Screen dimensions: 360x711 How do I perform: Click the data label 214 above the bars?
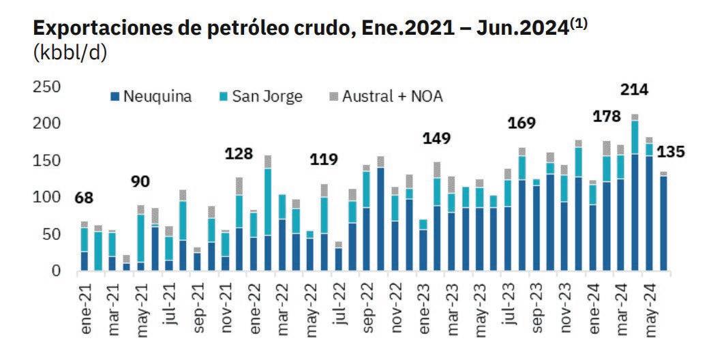click(634, 89)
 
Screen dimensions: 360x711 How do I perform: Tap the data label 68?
click(84, 198)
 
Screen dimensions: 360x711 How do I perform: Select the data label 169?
click(522, 123)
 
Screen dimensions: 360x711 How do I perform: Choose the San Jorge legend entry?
click(259, 96)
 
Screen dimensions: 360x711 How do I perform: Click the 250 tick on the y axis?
click(47, 86)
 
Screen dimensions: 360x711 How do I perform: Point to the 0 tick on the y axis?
click(57, 271)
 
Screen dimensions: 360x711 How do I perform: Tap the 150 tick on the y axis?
click(47, 160)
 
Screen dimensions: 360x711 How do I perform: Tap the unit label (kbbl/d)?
click(70, 54)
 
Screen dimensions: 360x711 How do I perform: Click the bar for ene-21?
click(85, 247)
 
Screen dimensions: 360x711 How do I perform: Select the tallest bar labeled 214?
click(635, 194)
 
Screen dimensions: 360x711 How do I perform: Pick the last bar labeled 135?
click(663, 222)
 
